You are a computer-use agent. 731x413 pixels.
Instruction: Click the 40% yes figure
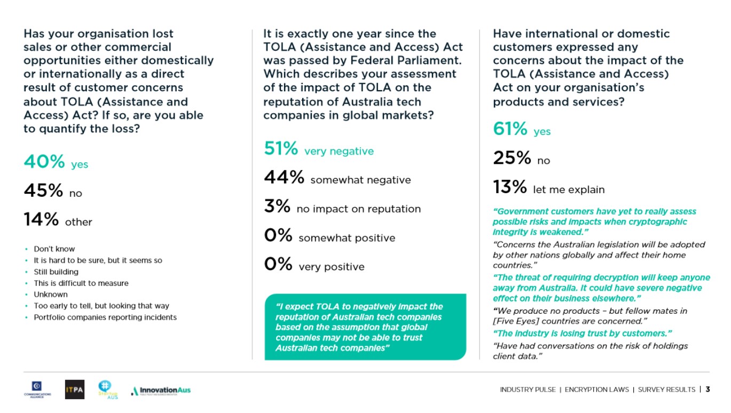tap(44, 161)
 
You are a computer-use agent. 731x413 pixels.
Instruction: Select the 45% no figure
tap(43, 190)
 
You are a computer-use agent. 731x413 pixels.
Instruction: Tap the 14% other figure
tap(41, 219)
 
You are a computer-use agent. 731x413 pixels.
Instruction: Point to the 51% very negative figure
tap(281, 149)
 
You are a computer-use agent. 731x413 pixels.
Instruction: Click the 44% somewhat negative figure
tap(284, 178)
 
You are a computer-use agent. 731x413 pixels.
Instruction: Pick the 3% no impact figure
tap(277, 206)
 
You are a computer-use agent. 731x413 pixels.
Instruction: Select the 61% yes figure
tap(510, 129)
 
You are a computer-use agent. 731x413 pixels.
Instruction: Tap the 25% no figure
tap(512, 158)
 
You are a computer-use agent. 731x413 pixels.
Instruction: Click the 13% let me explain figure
tap(510, 187)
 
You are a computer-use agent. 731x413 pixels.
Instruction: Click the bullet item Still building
tap(56, 272)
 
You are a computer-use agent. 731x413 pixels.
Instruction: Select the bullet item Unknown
tap(51, 294)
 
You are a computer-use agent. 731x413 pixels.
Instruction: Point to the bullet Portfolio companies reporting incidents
tap(105, 317)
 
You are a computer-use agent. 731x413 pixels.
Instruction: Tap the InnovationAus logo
tap(161, 391)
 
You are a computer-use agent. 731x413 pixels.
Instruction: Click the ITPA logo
tap(74, 390)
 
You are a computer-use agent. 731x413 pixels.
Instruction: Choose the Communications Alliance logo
tap(37, 390)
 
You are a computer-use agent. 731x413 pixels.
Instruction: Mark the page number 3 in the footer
tap(708, 390)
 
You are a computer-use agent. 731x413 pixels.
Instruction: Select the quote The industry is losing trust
tap(582, 333)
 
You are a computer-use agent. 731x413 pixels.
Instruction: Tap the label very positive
tap(332, 267)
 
